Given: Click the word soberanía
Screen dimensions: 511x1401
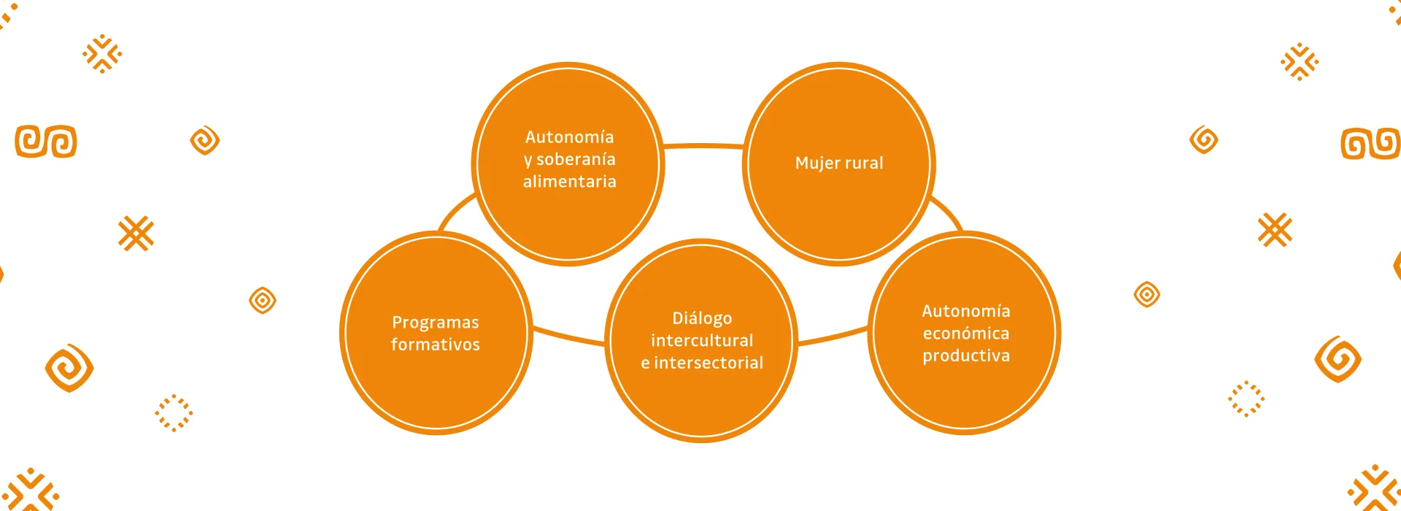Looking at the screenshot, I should pos(576,159).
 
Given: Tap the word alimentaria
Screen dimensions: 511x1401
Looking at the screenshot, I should pos(569,182).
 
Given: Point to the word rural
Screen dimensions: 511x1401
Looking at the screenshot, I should pos(864,163).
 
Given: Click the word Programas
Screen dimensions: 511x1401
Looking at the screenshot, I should pos(436,323).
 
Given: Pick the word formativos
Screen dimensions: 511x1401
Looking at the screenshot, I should pos(436,345).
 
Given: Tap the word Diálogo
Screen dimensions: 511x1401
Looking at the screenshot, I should pos(702,318).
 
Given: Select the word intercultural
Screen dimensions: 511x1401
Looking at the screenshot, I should pos(702,341).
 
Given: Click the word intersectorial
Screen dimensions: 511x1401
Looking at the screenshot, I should pos(709,363).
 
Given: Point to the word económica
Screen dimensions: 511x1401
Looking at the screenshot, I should pos(966,334).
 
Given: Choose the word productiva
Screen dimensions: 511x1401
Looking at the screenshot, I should pos(966,356).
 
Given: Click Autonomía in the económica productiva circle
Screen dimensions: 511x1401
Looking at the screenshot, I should pos(966,311).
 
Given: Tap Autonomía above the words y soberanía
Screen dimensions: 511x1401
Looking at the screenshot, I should pos(569,137).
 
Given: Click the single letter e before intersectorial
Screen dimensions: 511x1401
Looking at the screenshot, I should pos(645,364).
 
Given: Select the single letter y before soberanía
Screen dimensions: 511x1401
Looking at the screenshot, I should pos(528,160).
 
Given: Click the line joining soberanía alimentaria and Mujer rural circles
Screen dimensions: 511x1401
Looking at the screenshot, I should pos(703,145).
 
